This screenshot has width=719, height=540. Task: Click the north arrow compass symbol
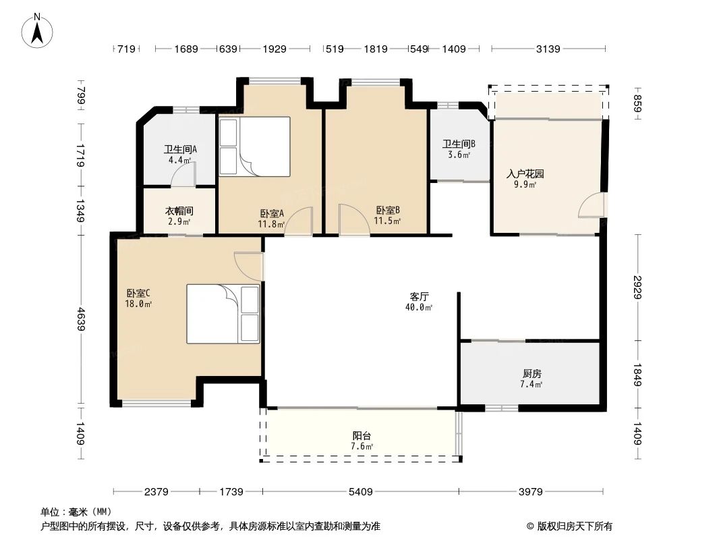point(38,30)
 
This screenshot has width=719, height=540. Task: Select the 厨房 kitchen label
point(531,373)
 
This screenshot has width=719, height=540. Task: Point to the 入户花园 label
point(525,173)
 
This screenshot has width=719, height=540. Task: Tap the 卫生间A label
point(180,150)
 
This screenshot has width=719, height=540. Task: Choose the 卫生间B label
point(459,144)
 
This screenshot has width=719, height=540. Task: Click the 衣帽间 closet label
point(179,211)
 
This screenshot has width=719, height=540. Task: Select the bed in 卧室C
point(223,314)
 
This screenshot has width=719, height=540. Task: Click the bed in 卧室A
point(254,147)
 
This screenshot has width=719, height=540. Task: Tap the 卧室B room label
point(388,210)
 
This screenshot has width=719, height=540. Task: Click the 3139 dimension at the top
point(548,49)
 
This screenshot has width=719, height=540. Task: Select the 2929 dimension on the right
point(639,286)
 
